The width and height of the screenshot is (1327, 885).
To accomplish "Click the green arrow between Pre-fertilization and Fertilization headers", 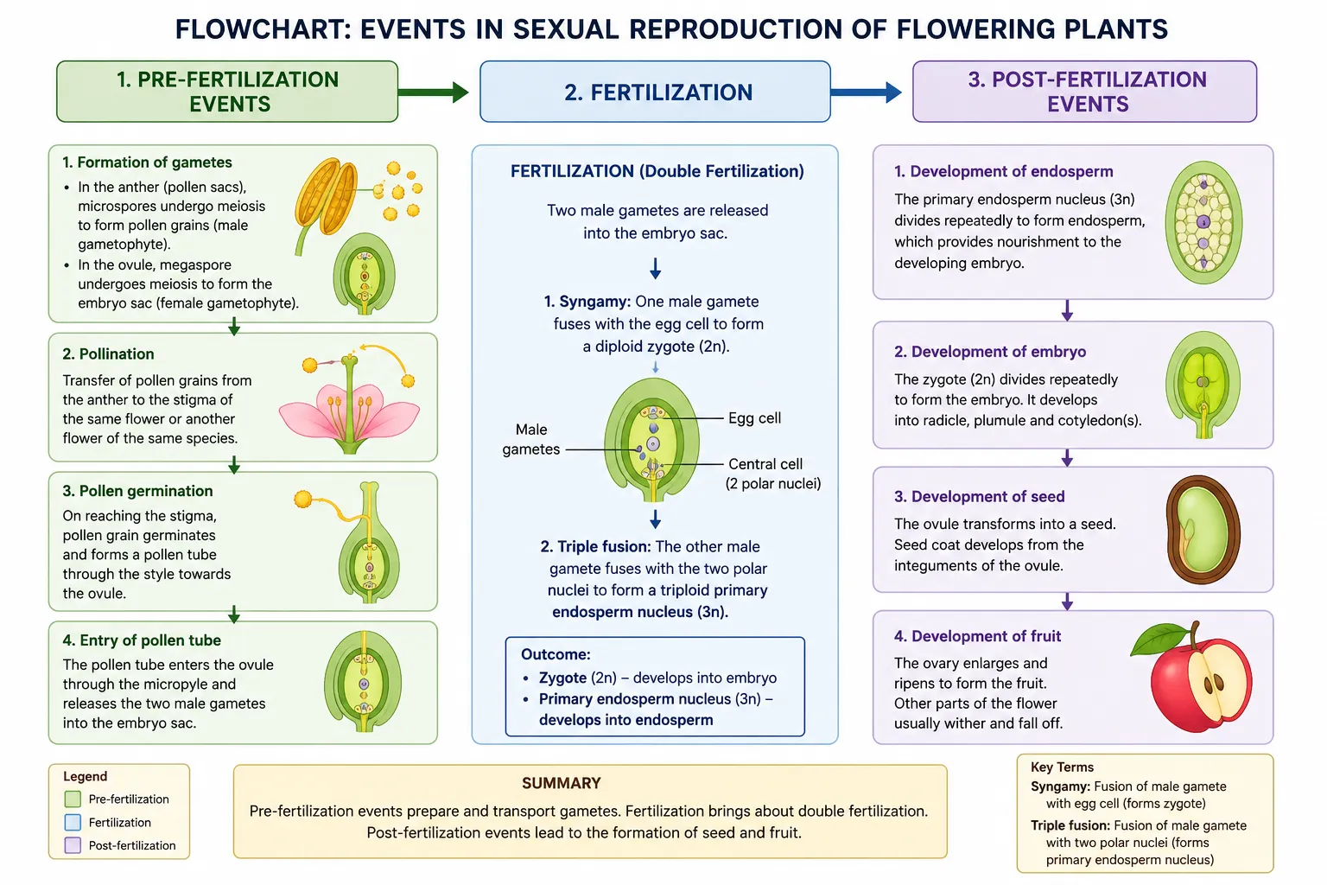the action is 433,92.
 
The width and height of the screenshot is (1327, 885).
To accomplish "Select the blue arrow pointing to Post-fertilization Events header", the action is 867,92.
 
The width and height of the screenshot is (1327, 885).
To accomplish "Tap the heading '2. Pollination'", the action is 108,353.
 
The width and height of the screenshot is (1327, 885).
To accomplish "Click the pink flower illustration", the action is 350,403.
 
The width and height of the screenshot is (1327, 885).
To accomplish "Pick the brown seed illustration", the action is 1203,529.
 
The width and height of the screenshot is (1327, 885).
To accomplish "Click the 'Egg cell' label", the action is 755,418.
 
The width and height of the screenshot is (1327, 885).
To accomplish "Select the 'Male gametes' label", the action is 530,439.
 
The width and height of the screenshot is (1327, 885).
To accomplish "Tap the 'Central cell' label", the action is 765,463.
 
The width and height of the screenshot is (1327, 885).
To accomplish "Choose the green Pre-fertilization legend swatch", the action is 73,799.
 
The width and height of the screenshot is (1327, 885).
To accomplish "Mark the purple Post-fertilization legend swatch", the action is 73,845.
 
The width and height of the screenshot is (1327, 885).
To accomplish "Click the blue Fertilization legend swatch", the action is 73,822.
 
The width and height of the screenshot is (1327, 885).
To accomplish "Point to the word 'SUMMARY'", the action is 562,784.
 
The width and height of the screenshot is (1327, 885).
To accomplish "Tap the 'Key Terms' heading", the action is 1062,767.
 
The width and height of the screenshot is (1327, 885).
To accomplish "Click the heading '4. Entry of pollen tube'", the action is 142,640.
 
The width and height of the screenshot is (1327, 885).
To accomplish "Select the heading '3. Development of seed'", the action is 979,496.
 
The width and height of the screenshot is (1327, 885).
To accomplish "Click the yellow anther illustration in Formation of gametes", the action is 326,199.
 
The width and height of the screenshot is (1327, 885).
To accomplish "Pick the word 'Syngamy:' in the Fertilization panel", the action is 587,301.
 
